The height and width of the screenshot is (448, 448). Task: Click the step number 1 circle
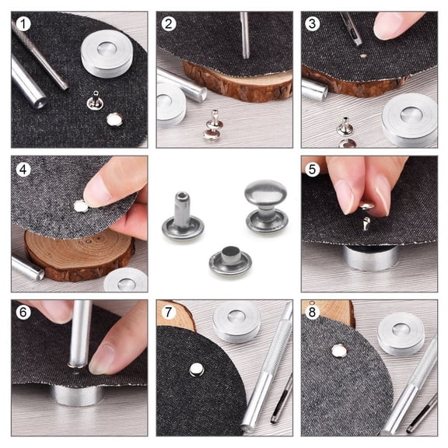click(x=24, y=25)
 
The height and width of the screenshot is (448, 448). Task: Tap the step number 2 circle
click(x=169, y=25)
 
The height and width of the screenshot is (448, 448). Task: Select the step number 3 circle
click(x=313, y=25)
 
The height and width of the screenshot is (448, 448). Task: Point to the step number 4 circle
click(x=24, y=169)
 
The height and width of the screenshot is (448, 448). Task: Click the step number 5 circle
click(x=313, y=169)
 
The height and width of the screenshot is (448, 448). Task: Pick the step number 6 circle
click(x=24, y=313)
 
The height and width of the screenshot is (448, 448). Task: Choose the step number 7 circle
click(x=169, y=313)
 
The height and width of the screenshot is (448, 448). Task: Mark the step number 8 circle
click(x=313, y=313)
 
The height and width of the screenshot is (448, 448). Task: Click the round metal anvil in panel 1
click(x=107, y=52)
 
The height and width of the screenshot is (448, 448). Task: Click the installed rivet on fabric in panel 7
click(x=198, y=369)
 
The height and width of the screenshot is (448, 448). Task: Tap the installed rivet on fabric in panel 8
click(x=339, y=350)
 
